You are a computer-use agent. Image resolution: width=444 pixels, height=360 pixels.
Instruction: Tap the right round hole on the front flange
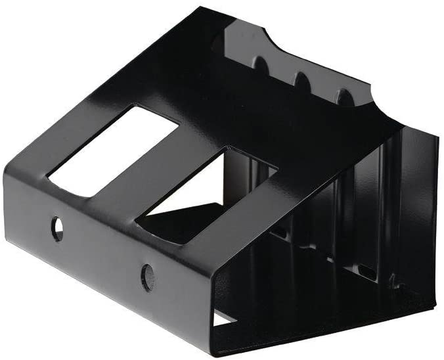(x=148, y=277)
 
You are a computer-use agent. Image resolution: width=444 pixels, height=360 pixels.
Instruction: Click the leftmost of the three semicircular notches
(x=261, y=66)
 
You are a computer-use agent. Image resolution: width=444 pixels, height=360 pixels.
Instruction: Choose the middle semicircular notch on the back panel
(x=301, y=81)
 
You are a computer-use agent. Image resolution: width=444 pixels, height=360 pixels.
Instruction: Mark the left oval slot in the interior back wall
(x=278, y=231)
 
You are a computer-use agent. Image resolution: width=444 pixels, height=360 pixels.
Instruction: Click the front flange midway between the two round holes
(x=102, y=253)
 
